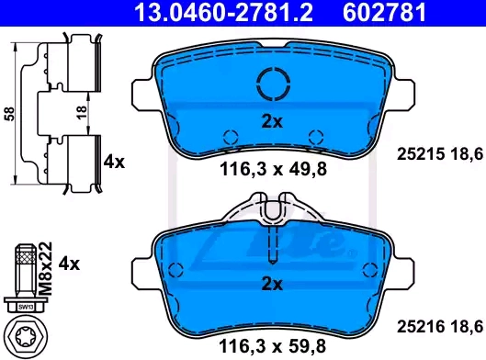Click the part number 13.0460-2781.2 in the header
click(223, 12)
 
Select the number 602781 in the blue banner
click(384, 12)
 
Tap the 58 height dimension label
click(9, 114)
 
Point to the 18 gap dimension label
click(81, 113)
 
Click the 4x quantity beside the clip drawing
click(114, 162)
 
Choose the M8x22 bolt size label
click(46, 268)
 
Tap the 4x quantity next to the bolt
click(69, 264)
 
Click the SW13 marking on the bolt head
click(26, 307)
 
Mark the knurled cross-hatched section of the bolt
click(26, 257)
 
